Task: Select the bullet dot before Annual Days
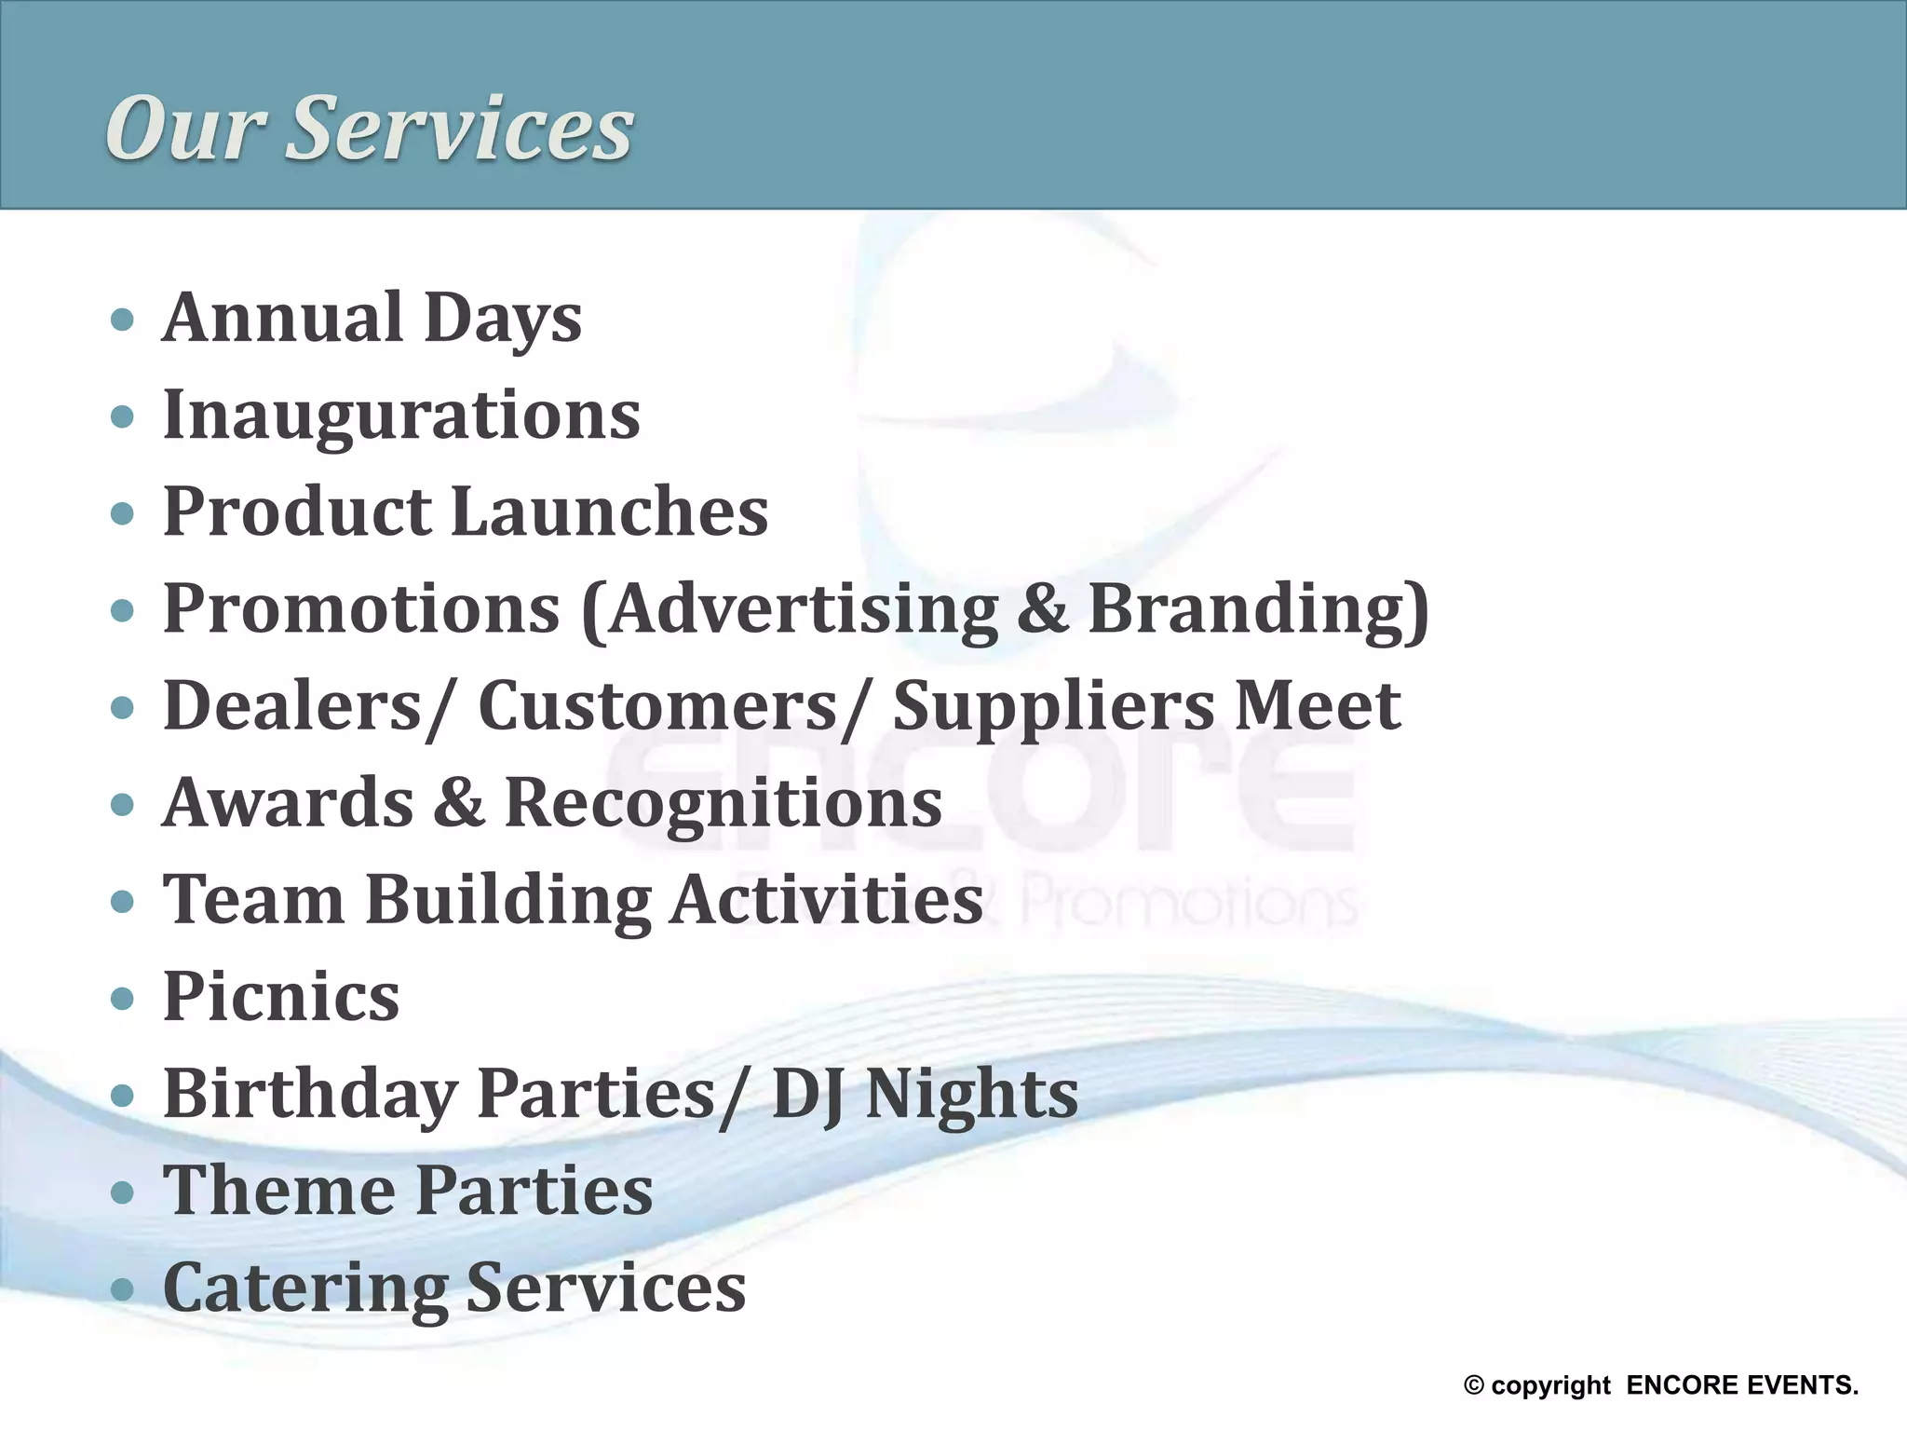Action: tap(122, 320)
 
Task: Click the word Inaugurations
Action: tap(401, 416)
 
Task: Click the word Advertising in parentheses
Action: tap(801, 609)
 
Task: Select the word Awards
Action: tap(288, 803)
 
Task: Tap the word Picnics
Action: tap(281, 997)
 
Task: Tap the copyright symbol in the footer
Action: tap(1473, 1385)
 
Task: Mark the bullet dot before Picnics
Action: tap(122, 1000)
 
